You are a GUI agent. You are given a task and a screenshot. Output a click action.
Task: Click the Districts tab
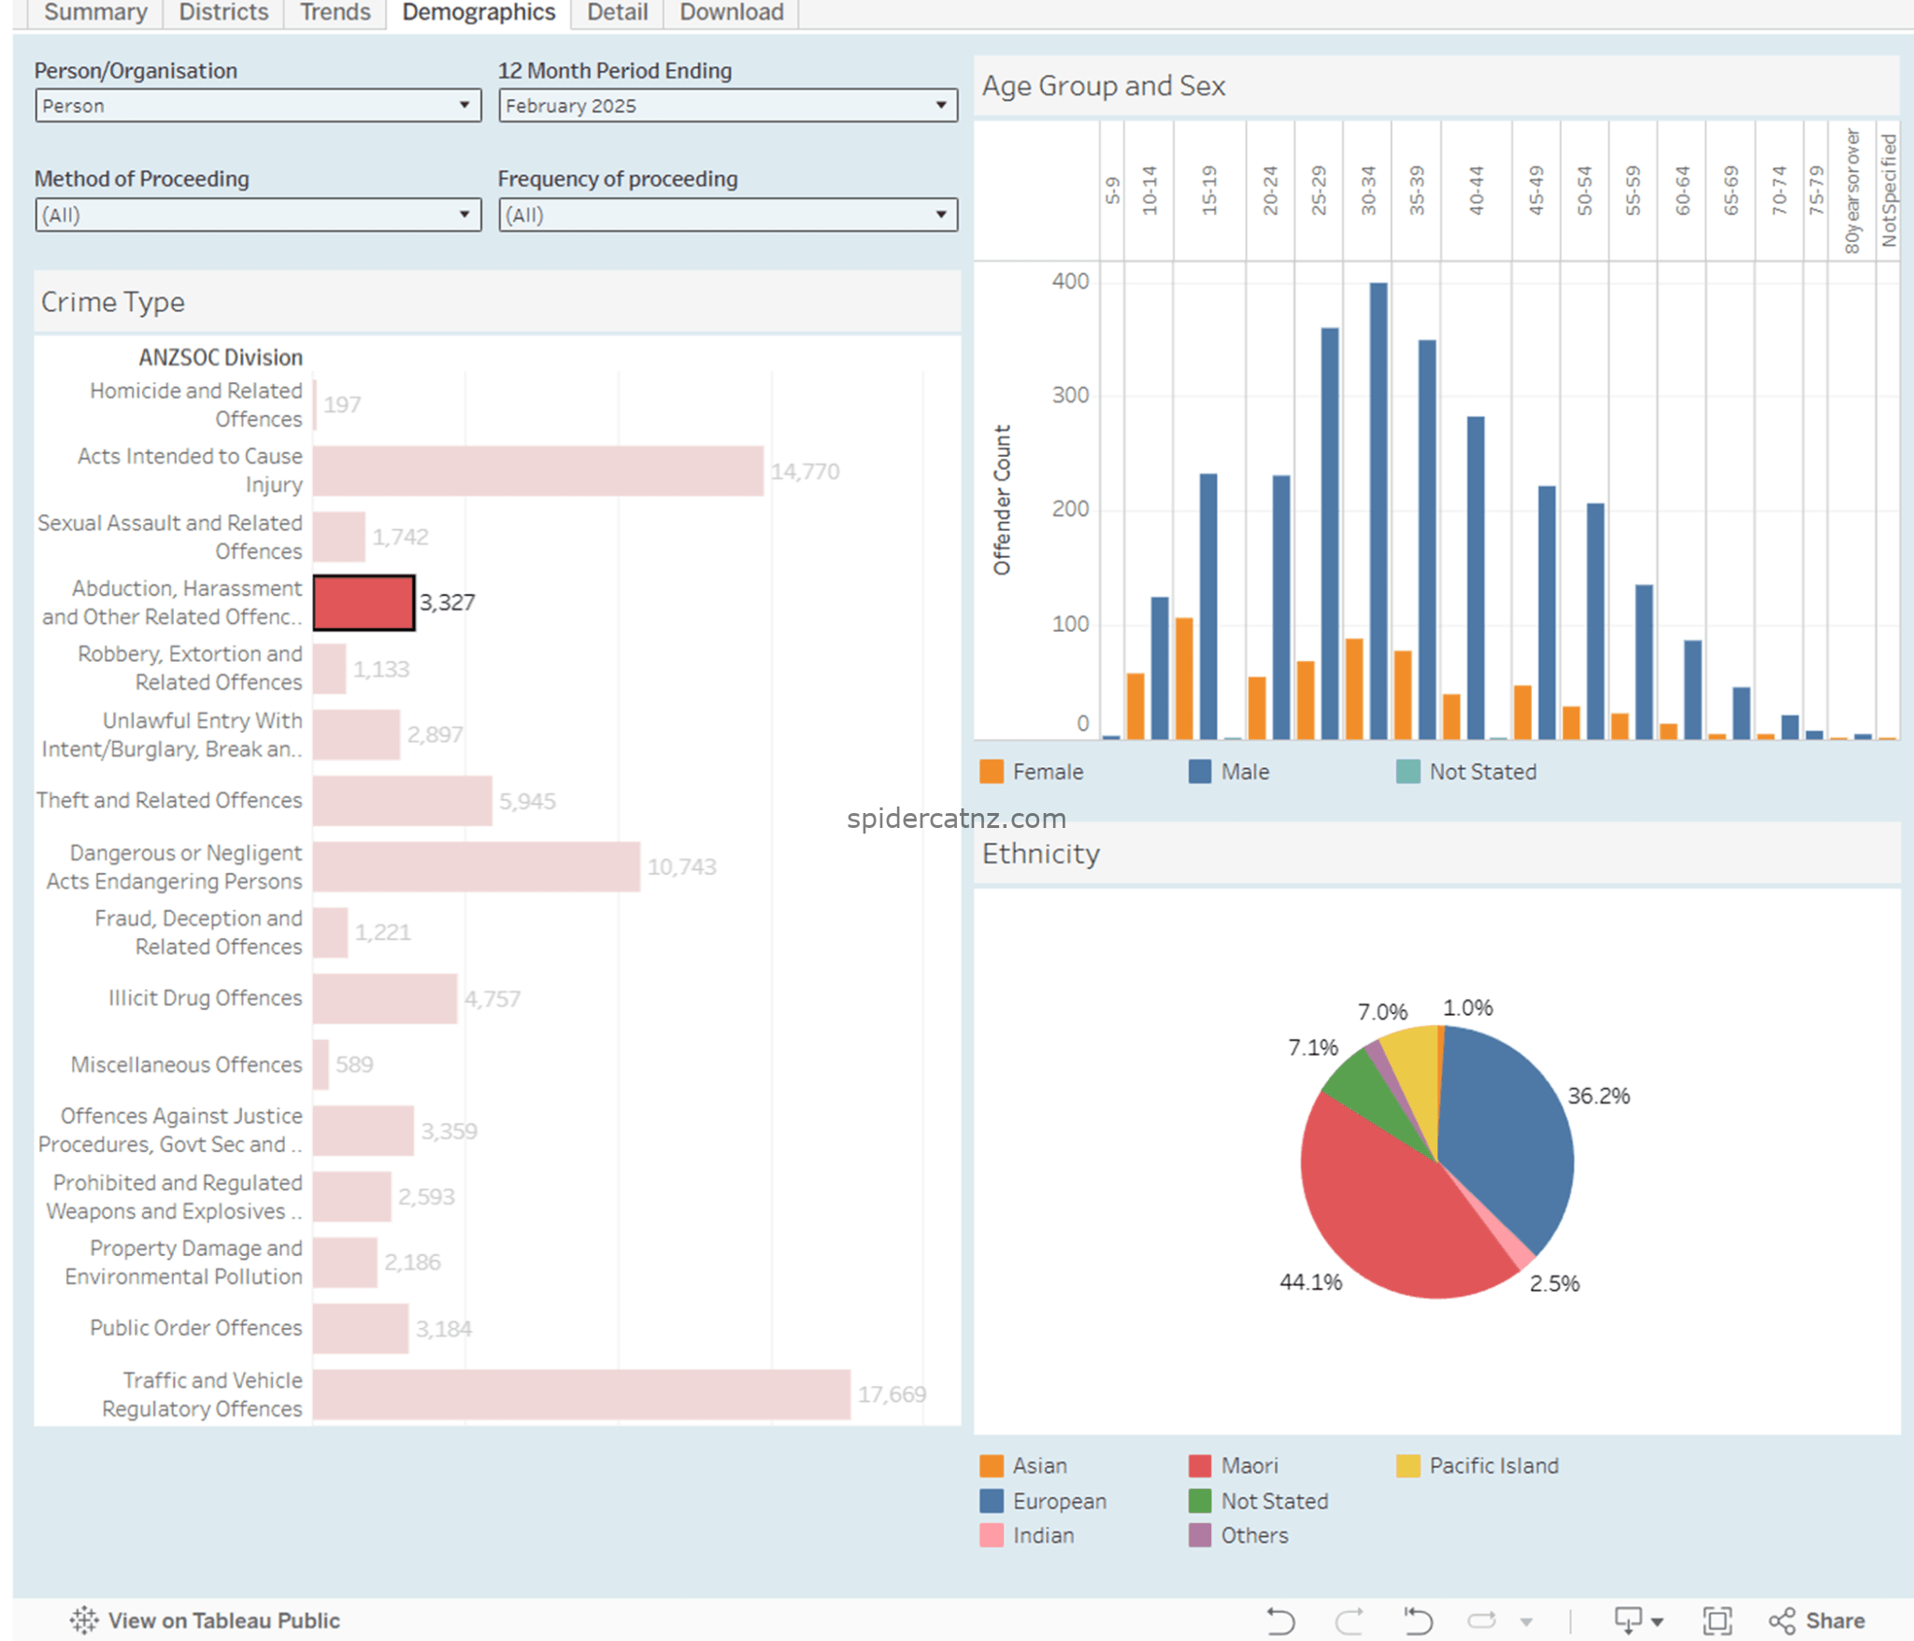(x=223, y=12)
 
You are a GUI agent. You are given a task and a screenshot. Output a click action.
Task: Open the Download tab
(x=731, y=12)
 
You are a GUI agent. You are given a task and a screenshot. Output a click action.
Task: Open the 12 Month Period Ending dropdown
(x=728, y=106)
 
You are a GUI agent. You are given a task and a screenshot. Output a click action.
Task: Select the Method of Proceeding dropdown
(x=258, y=215)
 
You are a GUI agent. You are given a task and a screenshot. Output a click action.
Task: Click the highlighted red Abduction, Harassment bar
(x=364, y=603)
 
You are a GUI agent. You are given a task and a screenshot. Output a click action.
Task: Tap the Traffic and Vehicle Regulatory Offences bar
(x=581, y=1394)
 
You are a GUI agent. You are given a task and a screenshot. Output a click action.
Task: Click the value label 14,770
(x=805, y=471)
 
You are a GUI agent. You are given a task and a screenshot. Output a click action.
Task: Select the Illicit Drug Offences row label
(x=205, y=998)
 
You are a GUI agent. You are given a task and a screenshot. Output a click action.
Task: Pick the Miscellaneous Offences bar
(x=321, y=1064)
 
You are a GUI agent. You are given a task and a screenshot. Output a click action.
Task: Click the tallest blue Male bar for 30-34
(x=1378, y=510)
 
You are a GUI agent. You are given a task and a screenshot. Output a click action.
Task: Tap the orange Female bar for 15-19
(x=1184, y=678)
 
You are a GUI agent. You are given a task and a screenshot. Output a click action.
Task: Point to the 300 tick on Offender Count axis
(x=1070, y=395)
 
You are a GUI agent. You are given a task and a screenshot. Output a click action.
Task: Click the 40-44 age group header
(x=1476, y=191)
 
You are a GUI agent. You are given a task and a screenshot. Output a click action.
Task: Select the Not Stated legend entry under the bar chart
(x=1466, y=772)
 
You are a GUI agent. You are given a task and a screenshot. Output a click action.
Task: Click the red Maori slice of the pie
(x=1383, y=1215)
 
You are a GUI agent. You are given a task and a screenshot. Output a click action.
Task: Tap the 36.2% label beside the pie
(x=1599, y=1095)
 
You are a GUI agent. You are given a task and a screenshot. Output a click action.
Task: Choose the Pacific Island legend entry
(x=1478, y=1465)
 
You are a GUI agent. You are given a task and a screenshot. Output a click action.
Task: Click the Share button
(x=1817, y=1620)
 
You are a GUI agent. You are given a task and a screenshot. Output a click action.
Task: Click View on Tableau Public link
(x=205, y=1620)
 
